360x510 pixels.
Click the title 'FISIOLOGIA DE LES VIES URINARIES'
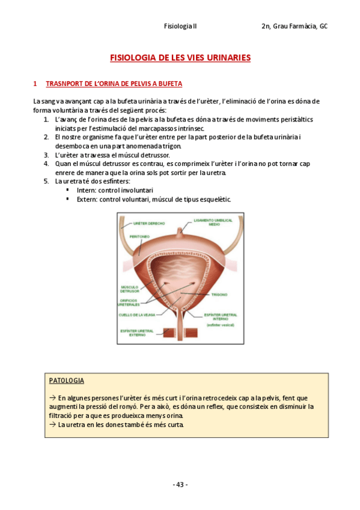(180, 58)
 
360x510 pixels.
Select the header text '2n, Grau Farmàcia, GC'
(294, 26)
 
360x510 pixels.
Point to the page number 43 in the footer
(180, 485)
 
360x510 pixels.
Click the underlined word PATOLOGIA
(66, 381)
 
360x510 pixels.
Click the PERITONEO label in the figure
(140, 237)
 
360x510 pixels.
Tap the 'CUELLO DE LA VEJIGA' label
(133, 315)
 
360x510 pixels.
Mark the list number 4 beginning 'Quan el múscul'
(46, 163)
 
